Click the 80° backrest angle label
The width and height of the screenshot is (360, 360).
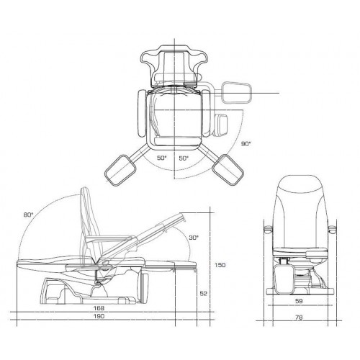tap(28, 215)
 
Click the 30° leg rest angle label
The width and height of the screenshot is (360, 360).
tap(194, 238)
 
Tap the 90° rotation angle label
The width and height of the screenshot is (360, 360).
tap(246, 144)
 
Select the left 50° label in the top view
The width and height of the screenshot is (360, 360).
tap(162, 158)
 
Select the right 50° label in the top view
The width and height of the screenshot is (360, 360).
tap(184, 158)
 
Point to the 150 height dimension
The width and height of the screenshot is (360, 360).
tap(220, 265)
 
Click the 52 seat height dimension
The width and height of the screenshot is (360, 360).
tap(203, 293)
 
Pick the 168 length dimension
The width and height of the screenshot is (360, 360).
tap(99, 308)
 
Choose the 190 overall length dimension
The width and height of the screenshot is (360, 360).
tap(99, 316)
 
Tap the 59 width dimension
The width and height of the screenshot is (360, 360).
tap(299, 301)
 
